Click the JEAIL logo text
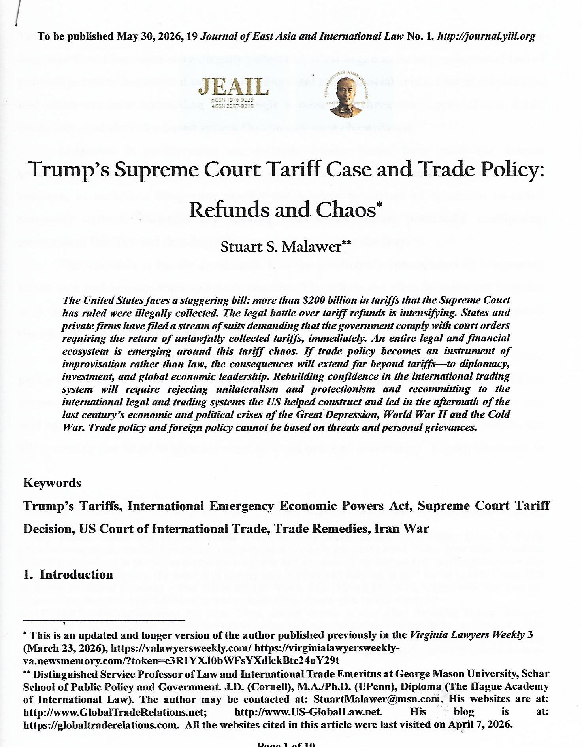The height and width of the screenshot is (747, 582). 233,87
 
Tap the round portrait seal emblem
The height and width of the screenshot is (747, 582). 346,95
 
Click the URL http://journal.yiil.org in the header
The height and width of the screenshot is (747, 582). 486,36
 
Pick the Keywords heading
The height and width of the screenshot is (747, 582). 52,483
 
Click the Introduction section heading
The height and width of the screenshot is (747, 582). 76,574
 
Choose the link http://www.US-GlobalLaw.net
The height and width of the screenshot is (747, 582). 309,712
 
